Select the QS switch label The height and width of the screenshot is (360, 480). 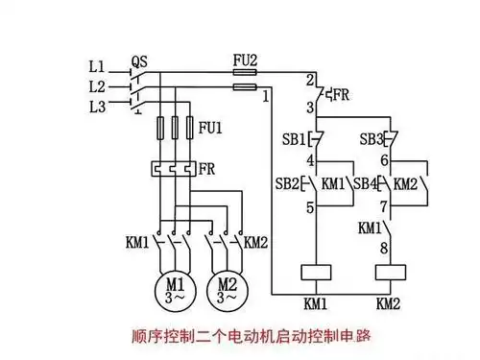(139, 60)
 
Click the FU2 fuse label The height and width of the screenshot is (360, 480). (246, 60)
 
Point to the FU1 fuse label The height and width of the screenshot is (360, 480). (209, 127)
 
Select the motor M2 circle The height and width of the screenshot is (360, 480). (228, 288)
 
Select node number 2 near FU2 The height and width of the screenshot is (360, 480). (310, 78)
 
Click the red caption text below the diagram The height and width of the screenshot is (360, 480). (251, 337)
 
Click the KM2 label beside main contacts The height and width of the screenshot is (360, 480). (255, 240)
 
